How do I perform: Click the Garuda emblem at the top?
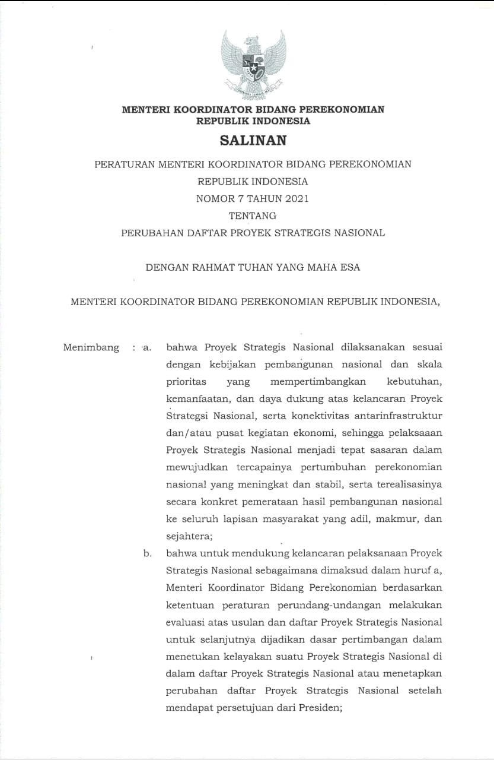(x=253, y=64)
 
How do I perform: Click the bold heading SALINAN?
(x=253, y=141)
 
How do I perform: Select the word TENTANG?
(x=253, y=216)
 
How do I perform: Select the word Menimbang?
(x=91, y=347)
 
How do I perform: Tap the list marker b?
(x=147, y=554)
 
